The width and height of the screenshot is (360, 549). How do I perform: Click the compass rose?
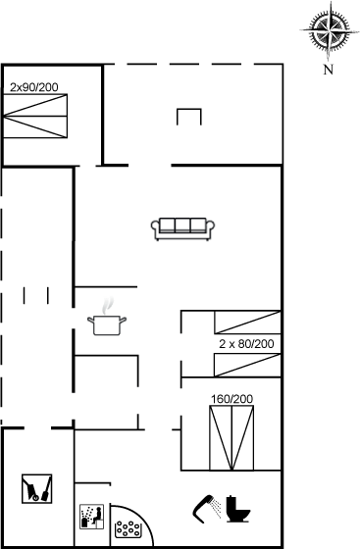[x=329, y=30]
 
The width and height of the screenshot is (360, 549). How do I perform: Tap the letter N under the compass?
[x=329, y=70]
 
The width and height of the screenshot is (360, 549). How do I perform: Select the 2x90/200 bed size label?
[x=34, y=87]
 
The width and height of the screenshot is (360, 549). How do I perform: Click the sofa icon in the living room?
[x=182, y=229]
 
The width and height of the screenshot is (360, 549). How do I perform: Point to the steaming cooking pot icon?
[x=107, y=324]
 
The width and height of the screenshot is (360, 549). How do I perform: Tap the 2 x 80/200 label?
[x=246, y=344]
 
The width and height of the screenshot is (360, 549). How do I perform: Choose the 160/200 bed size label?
[x=231, y=399]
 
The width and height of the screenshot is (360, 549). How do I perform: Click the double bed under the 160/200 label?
[x=231, y=437]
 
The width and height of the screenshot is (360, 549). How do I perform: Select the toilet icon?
[x=237, y=509]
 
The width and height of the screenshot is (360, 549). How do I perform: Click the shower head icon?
[x=203, y=509]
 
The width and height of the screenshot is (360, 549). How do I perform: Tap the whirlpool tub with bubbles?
[x=129, y=529]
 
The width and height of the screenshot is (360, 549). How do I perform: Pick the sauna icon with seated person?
[x=92, y=516]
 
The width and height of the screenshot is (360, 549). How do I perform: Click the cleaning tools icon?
[x=36, y=489]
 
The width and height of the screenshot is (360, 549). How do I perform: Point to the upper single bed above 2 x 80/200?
[x=247, y=323]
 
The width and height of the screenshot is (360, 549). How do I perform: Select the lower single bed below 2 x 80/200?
[x=247, y=365]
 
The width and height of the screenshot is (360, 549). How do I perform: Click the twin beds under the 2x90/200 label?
[x=35, y=116]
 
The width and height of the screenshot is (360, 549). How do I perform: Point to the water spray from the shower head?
[x=217, y=509]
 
